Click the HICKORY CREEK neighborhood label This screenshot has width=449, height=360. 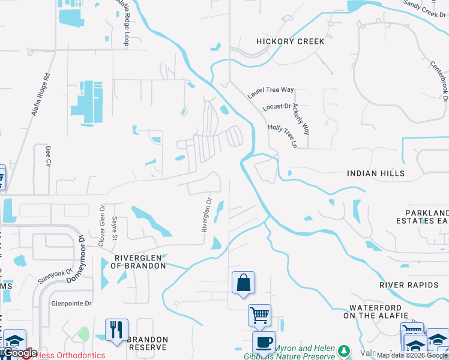point(290,41)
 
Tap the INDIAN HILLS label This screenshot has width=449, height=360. point(376,173)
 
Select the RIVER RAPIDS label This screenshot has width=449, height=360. point(409,285)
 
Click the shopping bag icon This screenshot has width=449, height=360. point(243,283)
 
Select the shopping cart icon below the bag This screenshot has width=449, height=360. point(259,314)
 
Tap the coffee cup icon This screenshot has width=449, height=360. point(264,341)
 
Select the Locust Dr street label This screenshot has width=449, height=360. point(277,107)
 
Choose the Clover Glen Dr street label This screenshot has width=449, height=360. point(101,226)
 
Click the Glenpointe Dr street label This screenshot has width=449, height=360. point(71,304)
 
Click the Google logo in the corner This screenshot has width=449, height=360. point(19,353)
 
